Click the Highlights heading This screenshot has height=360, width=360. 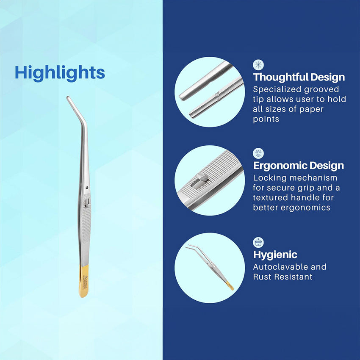click(x=60, y=73)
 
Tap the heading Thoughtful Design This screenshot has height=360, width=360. click(x=299, y=77)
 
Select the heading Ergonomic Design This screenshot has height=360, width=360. click(x=299, y=166)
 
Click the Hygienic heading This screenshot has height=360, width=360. click(x=275, y=255)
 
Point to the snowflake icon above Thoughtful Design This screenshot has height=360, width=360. click(x=258, y=65)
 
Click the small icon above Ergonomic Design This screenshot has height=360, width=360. click(x=258, y=153)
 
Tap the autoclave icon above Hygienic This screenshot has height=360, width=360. click(x=258, y=242)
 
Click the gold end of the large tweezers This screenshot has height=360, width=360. click(x=84, y=281)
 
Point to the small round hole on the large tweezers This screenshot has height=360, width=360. click(x=87, y=188)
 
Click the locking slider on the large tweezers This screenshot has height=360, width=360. click(x=86, y=203)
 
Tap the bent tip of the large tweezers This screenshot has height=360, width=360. click(x=68, y=98)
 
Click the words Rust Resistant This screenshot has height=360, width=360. click(x=282, y=277)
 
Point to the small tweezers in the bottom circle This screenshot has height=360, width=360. click(x=209, y=267)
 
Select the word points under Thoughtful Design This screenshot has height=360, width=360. click(x=266, y=119)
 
